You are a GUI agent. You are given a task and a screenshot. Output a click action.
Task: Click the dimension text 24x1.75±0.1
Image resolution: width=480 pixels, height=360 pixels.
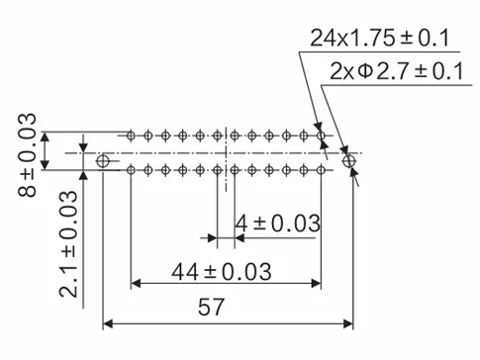[380, 39]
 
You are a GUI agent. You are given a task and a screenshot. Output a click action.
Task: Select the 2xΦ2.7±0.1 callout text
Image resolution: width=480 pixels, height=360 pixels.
[393, 71]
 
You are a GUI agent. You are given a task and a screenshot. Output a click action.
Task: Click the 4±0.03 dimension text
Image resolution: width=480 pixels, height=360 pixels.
[276, 224]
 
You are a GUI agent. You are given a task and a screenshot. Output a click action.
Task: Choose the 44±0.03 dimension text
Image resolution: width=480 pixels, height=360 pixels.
[225, 270]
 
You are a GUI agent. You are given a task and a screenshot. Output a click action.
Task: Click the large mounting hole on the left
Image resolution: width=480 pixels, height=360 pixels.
[105, 161]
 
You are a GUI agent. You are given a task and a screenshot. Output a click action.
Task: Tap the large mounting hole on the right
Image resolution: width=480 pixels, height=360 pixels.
[347, 160]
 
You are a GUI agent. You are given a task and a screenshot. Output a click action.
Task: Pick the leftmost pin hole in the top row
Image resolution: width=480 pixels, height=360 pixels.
[131, 135]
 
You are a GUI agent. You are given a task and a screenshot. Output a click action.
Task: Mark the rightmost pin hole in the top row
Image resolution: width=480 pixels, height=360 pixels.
[321, 135]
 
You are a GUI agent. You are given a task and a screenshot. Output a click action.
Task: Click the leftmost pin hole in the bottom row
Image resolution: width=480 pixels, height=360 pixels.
[131, 171]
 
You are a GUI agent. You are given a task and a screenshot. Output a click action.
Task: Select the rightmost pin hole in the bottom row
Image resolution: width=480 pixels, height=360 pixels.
[321, 171]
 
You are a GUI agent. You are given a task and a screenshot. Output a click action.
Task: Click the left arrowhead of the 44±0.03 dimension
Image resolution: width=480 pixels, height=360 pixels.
[137, 284]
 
